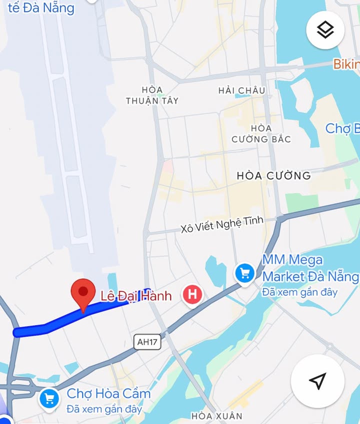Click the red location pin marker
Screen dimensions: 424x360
83,294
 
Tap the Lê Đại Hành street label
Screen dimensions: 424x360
136,296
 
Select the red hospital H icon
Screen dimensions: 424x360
192,295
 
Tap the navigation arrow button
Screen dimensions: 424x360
317,381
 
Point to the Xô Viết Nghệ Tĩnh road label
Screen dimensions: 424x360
221,225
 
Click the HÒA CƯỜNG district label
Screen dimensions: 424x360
273,176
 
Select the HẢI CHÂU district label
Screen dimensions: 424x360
241,90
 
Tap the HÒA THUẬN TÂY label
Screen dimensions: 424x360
152,95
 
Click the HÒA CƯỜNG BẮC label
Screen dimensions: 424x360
261,134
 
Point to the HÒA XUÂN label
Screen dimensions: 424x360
217,416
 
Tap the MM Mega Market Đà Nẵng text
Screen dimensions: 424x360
310,268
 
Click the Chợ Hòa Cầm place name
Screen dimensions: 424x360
108,394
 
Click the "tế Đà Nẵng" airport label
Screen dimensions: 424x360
41,8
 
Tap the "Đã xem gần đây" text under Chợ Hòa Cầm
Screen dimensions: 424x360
104,409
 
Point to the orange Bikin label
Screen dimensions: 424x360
346,64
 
